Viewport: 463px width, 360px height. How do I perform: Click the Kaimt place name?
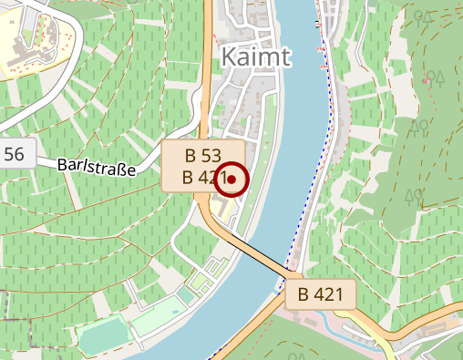pos(256,57)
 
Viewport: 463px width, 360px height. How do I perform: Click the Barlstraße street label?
pos(96,167)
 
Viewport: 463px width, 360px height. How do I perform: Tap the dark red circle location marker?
pos(232,180)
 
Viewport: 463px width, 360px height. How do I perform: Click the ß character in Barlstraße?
pos(121,169)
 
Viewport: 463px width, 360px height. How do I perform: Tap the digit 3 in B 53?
pos(217,154)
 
